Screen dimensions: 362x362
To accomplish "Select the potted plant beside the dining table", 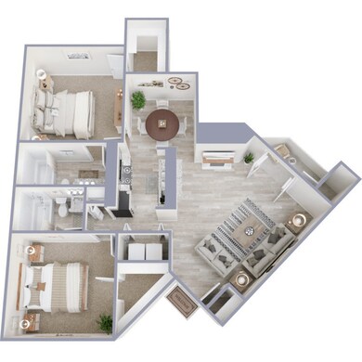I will tap(138, 99).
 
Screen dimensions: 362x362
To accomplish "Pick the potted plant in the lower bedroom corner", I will tap(105, 323).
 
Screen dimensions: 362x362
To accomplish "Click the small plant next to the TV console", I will tap(248, 158).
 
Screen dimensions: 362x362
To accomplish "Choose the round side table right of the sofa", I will tap(299, 221).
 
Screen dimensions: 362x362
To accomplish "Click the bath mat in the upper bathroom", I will tap(89, 175).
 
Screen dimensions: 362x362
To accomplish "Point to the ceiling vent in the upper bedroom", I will tap(75, 55).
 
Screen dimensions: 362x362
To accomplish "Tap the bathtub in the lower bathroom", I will tap(33, 209).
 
